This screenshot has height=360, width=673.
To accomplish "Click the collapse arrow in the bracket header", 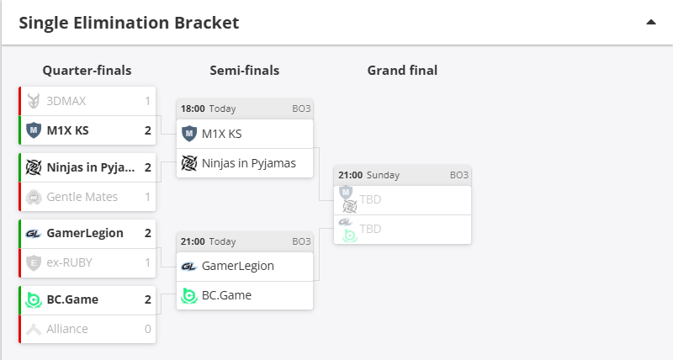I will click(650, 23).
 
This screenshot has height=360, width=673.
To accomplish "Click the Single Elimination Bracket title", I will click(129, 23).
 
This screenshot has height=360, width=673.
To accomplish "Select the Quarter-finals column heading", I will click(87, 71).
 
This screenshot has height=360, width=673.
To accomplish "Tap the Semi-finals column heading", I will click(244, 71).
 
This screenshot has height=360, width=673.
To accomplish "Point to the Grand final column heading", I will click(402, 71).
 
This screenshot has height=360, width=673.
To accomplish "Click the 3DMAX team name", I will click(66, 101).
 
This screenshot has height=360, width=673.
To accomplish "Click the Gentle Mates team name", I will click(82, 196).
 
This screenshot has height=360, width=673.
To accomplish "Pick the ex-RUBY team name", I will click(70, 262).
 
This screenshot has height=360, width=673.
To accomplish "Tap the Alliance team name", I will click(67, 329).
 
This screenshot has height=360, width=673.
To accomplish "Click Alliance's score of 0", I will click(148, 329).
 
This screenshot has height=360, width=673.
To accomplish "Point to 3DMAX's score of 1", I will click(148, 101).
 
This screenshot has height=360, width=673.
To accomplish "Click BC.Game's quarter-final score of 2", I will click(148, 299).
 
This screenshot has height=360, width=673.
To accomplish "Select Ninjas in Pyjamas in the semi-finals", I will click(249, 163).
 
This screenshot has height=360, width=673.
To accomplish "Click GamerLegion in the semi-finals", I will click(238, 265).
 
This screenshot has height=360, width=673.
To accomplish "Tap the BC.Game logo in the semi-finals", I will click(189, 295).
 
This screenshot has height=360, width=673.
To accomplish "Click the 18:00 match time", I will click(193, 109).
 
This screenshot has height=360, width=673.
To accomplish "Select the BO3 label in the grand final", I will click(458, 175).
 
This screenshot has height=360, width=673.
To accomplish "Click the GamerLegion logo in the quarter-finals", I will click(34, 233).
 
